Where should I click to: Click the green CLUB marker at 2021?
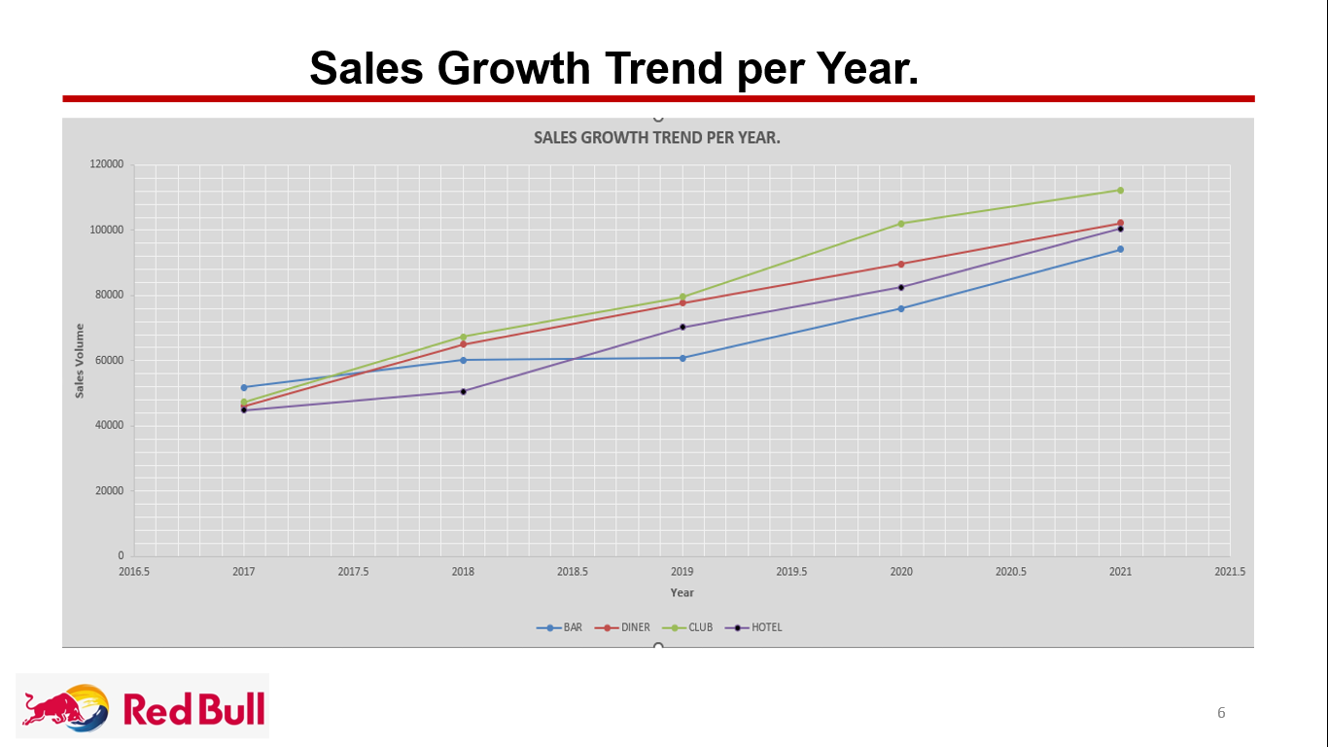point(1120,191)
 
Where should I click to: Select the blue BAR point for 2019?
point(682,358)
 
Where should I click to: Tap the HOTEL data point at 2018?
point(463,391)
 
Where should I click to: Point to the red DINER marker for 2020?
point(901,264)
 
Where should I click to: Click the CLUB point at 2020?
point(901,224)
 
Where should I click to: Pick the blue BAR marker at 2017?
point(244,387)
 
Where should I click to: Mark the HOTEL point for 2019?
point(682,327)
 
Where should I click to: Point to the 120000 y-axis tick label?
point(106,164)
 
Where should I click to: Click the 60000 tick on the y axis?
point(109,360)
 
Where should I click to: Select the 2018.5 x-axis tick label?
point(573,572)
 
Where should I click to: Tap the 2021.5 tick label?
point(1230,572)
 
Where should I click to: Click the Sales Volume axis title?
point(80,360)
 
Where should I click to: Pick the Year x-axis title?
point(682,592)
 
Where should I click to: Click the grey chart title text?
point(657,138)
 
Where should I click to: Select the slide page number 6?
point(1221,713)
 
